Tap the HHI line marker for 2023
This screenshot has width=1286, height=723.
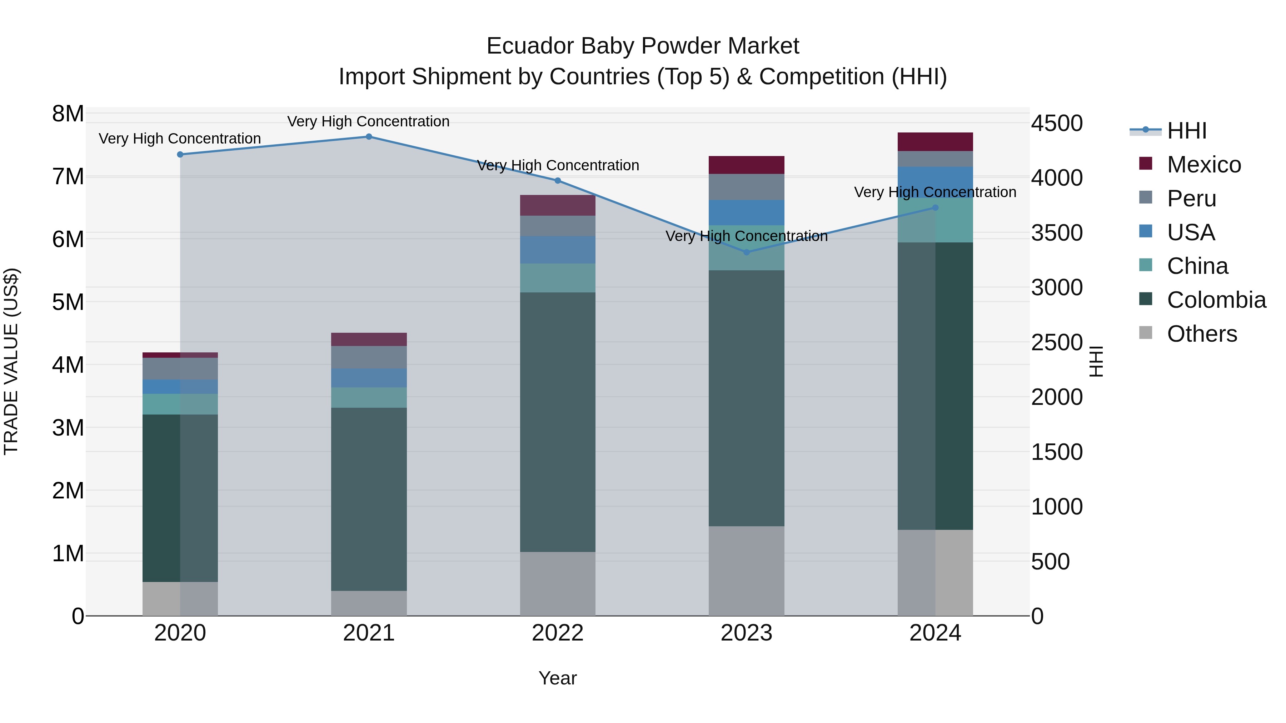point(746,252)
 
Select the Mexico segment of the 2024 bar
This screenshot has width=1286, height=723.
point(935,142)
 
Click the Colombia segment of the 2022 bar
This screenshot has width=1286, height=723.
point(558,422)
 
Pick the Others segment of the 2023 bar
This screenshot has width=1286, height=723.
point(746,571)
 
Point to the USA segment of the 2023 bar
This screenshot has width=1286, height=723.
point(746,212)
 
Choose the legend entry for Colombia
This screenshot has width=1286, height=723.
point(1216,300)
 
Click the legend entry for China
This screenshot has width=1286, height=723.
point(1197,266)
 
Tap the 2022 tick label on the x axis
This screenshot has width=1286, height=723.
point(558,633)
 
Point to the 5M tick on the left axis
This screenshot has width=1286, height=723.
point(68,302)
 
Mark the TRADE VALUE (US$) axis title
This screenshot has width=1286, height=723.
point(11,361)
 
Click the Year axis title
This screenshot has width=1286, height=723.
point(558,678)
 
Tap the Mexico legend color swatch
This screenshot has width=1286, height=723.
point(1146,164)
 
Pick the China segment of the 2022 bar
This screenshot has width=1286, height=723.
point(558,278)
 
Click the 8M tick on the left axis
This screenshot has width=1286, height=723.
point(68,114)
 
